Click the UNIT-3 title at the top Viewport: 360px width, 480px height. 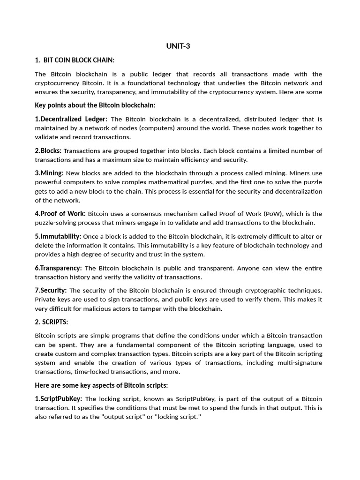click(178, 46)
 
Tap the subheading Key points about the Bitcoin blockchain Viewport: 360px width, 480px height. click(95, 105)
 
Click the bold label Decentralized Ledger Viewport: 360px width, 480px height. click(71, 119)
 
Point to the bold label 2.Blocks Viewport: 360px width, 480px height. click(48, 150)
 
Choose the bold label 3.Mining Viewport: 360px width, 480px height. click(49, 173)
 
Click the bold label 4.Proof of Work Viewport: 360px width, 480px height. click(60, 214)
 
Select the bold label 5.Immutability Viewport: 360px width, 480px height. click(58, 236)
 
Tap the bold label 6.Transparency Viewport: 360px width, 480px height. click(58, 268)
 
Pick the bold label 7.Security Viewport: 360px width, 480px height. click(51, 291)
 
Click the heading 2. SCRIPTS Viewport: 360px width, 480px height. click(52, 322)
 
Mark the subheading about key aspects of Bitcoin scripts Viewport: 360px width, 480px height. click(101, 385)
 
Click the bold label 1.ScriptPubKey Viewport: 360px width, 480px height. click(59, 399)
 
